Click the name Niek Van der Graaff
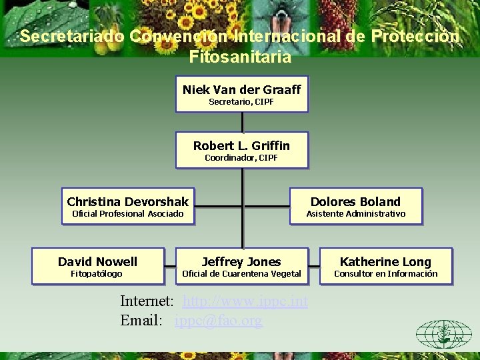(x=241, y=89)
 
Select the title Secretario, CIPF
(x=241, y=102)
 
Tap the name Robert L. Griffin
(x=241, y=145)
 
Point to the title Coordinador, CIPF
(x=241, y=158)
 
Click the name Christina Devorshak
(x=128, y=201)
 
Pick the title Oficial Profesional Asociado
(x=127, y=214)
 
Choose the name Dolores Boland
(x=355, y=201)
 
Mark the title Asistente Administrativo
(x=355, y=214)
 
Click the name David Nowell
(x=97, y=261)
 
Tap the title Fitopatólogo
(x=97, y=274)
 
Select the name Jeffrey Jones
(x=241, y=262)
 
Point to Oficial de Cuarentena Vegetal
(x=241, y=274)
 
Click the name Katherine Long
(x=385, y=262)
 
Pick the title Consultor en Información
(x=385, y=274)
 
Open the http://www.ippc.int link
(x=245, y=302)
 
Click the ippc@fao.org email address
(x=219, y=320)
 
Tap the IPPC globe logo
(x=443, y=334)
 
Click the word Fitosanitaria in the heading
(x=240, y=57)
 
